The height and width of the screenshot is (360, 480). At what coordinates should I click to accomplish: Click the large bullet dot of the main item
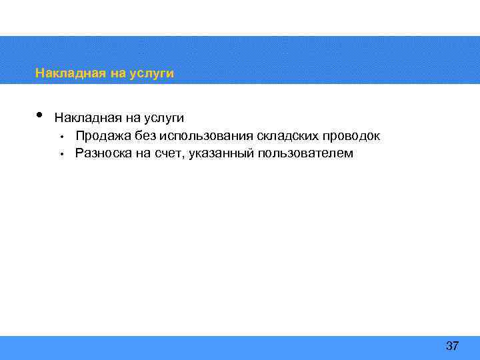(40, 115)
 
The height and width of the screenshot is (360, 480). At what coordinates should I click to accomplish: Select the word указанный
(221, 153)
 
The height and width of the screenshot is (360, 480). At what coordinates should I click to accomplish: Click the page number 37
(452, 346)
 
